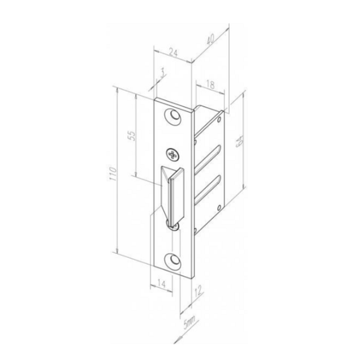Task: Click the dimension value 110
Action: [113, 174]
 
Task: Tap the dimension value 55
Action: [133, 136]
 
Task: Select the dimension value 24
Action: [173, 53]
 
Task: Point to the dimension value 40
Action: [211, 39]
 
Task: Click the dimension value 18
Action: [210, 85]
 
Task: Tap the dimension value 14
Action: [161, 284]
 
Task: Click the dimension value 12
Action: [199, 290]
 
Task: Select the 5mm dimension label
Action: [190, 323]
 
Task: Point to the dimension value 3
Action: [163, 73]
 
